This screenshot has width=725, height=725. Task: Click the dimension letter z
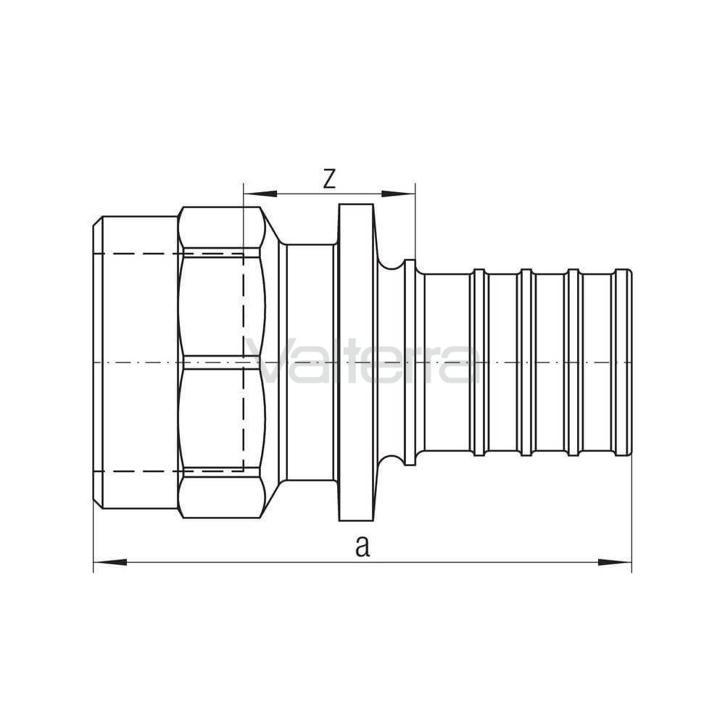pyautogui.click(x=328, y=179)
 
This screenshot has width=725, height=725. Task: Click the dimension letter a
pyautogui.click(x=362, y=546)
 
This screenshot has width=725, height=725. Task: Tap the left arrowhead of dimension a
pyautogui.click(x=110, y=563)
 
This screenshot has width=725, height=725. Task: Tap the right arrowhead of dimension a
pyautogui.click(x=615, y=563)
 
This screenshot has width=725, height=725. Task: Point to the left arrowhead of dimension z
pyautogui.click(x=260, y=194)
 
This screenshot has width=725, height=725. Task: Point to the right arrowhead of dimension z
pyautogui.click(x=398, y=194)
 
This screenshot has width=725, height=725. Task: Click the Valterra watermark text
pyautogui.click(x=363, y=361)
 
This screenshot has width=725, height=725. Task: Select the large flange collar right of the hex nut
pyautogui.click(x=356, y=362)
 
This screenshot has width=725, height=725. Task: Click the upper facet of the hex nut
pyautogui.click(x=221, y=228)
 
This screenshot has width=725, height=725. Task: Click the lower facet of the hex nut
pyautogui.click(x=221, y=497)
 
